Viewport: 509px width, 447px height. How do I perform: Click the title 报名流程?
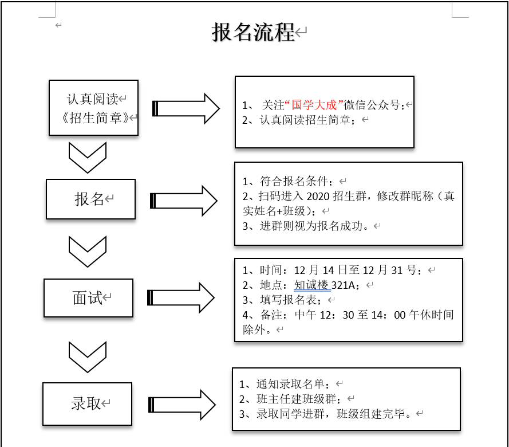pos(253,33)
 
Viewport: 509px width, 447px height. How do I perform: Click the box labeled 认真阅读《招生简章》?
pos(94,108)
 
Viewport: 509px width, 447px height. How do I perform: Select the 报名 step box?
pos(90,199)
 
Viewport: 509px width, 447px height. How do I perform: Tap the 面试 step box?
pos(88,298)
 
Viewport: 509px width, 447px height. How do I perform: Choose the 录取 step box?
pos(87,403)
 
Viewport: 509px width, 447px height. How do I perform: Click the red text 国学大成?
pos(314,105)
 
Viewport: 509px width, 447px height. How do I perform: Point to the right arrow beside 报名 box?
pos(184,201)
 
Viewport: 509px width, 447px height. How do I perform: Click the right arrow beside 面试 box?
pos(181,298)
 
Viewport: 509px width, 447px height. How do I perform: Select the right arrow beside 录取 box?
pos(182,405)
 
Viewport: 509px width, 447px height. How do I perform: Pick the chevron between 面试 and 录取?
pos(88,357)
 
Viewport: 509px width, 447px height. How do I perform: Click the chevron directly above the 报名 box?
pos(88,157)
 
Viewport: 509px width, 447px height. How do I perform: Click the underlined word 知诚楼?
pos(313,285)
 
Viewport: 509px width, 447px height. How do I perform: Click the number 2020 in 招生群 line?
pos(319,197)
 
